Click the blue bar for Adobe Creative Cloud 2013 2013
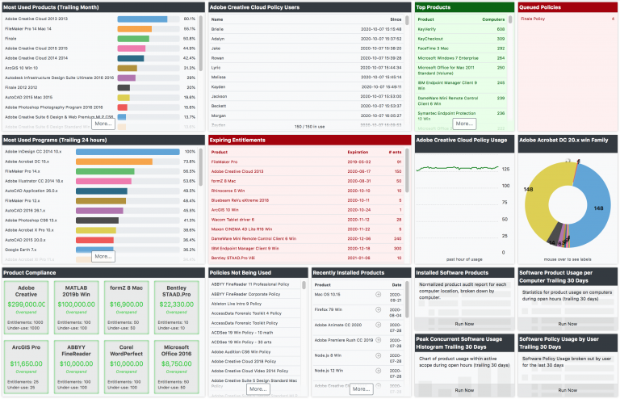pos(142,19)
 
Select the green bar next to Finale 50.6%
pos(133,38)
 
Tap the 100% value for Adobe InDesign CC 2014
pos(190,151)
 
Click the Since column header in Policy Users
pos(396,18)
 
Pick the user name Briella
pos(218,28)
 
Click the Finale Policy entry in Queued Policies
pos(533,18)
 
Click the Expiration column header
pos(358,152)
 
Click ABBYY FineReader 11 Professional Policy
pos(249,284)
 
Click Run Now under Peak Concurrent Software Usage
pos(464,389)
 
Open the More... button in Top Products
pos(463,124)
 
